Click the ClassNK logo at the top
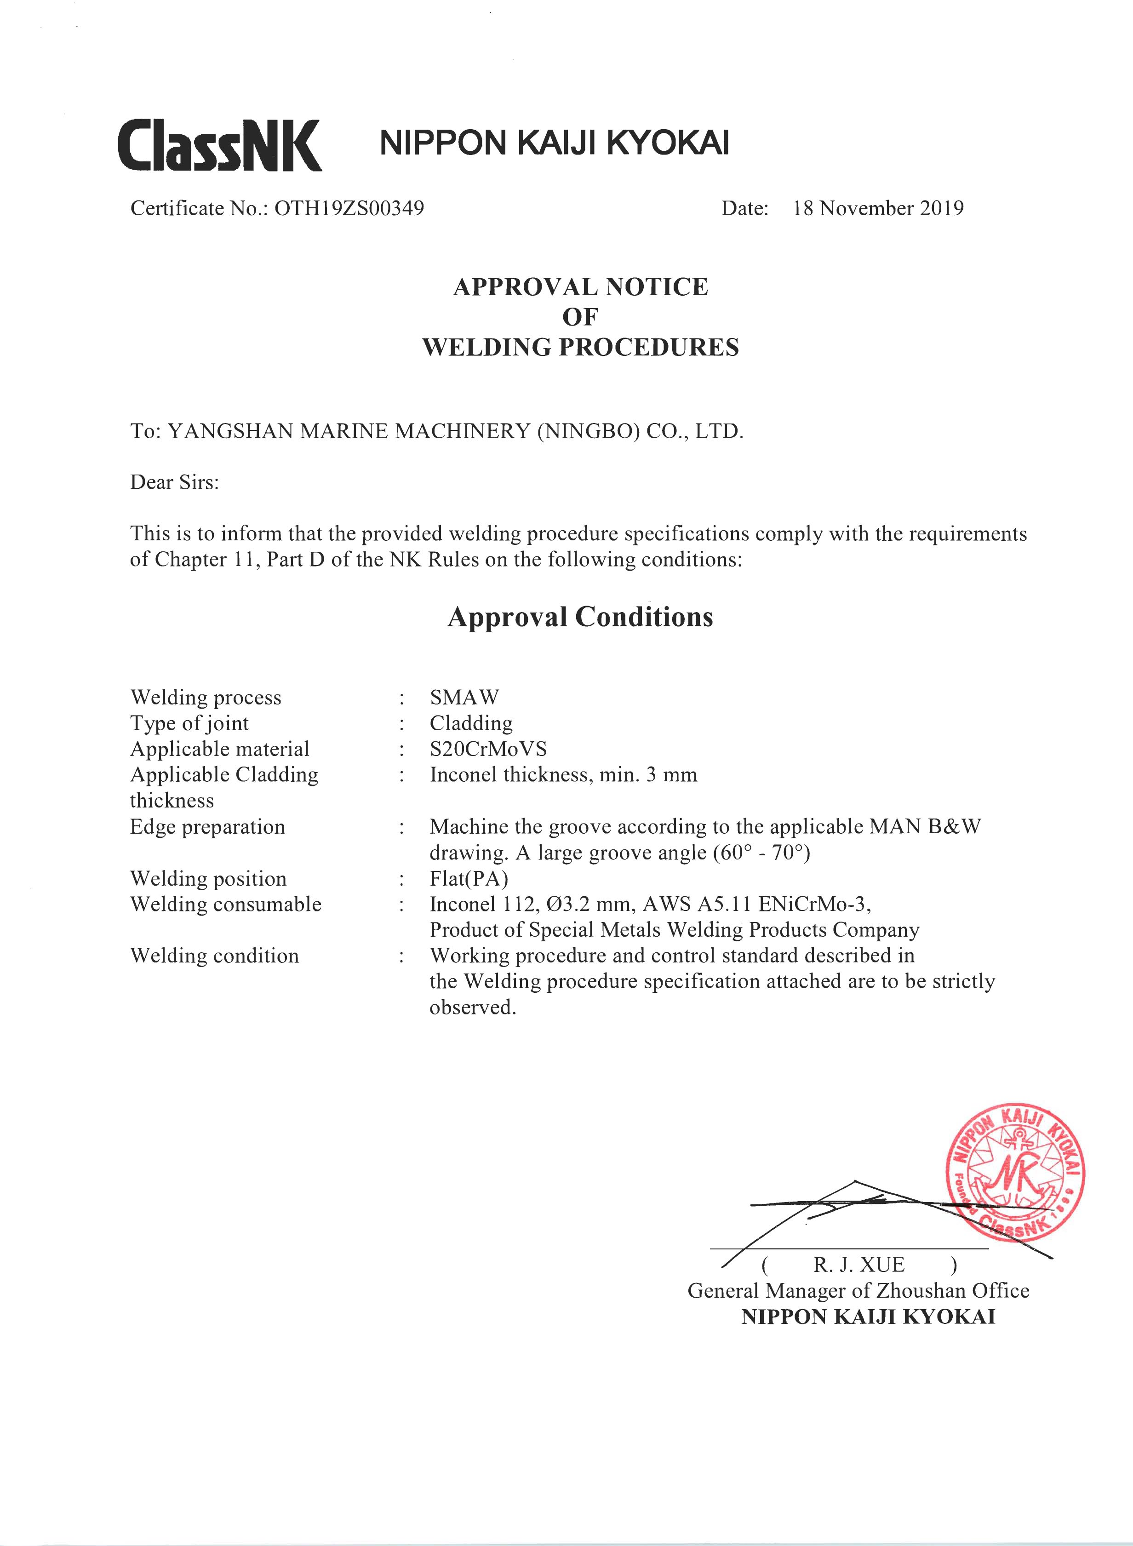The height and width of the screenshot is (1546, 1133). coord(219,145)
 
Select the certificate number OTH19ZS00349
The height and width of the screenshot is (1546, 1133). coord(349,208)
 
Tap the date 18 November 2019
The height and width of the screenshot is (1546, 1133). coord(878,208)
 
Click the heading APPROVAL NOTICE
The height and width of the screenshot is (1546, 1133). coord(580,286)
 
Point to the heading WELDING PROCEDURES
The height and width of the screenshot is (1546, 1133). coord(580,347)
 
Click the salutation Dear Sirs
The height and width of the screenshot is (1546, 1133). coord(174,482)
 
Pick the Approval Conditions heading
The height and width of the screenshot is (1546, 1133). coord(580,617)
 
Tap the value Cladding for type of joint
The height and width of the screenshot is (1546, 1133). coord(471,723)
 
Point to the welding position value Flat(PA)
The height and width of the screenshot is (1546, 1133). coord(469,879)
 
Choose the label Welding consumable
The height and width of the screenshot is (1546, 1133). coord(226,904)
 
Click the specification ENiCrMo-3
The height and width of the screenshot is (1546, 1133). coord(814,904)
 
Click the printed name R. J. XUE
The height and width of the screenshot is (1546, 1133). coord(858,1264)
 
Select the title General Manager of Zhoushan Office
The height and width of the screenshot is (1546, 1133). coord(858,1290)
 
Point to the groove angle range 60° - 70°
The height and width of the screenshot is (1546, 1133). coord(761,853)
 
